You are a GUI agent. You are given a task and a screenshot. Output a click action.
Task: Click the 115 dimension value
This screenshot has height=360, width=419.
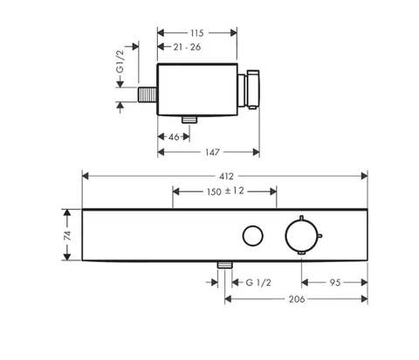pyautogui.click(x=197, y=33)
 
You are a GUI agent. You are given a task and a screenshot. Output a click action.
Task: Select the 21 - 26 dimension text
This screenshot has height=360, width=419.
pyautogui.click(x=187, y=47)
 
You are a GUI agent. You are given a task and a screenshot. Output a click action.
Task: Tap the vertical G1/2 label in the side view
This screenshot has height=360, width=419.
pyautogui.click(x=120, y=62)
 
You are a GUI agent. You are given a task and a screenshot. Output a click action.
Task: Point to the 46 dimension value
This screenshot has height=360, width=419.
pyautogui.click(x=174, y=136)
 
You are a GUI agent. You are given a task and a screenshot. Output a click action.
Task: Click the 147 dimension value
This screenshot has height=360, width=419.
pyautogui.click(x=212, y=152)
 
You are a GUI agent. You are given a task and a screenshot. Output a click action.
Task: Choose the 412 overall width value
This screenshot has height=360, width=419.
pyautogui.click(x=226, y=177)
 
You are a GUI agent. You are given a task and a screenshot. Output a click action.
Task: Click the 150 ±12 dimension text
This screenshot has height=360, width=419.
pyautogui.click(x=225, y=191)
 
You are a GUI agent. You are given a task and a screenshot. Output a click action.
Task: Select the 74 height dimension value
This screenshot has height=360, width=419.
pyautogui.click(x=67, y=235)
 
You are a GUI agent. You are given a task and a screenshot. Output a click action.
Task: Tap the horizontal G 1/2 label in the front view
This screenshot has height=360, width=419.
pyautogui.click(x=258, y=282)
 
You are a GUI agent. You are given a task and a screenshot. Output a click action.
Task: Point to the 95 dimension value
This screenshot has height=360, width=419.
pyautogui.click(x=335, y=282)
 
